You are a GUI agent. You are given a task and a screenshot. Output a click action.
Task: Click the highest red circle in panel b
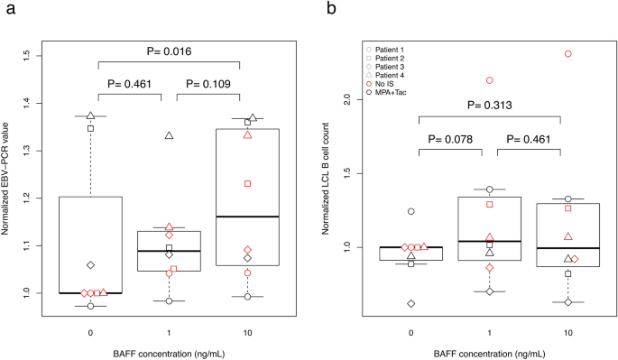568,54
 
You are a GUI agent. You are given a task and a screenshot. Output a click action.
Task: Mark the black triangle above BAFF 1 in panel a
168,135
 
